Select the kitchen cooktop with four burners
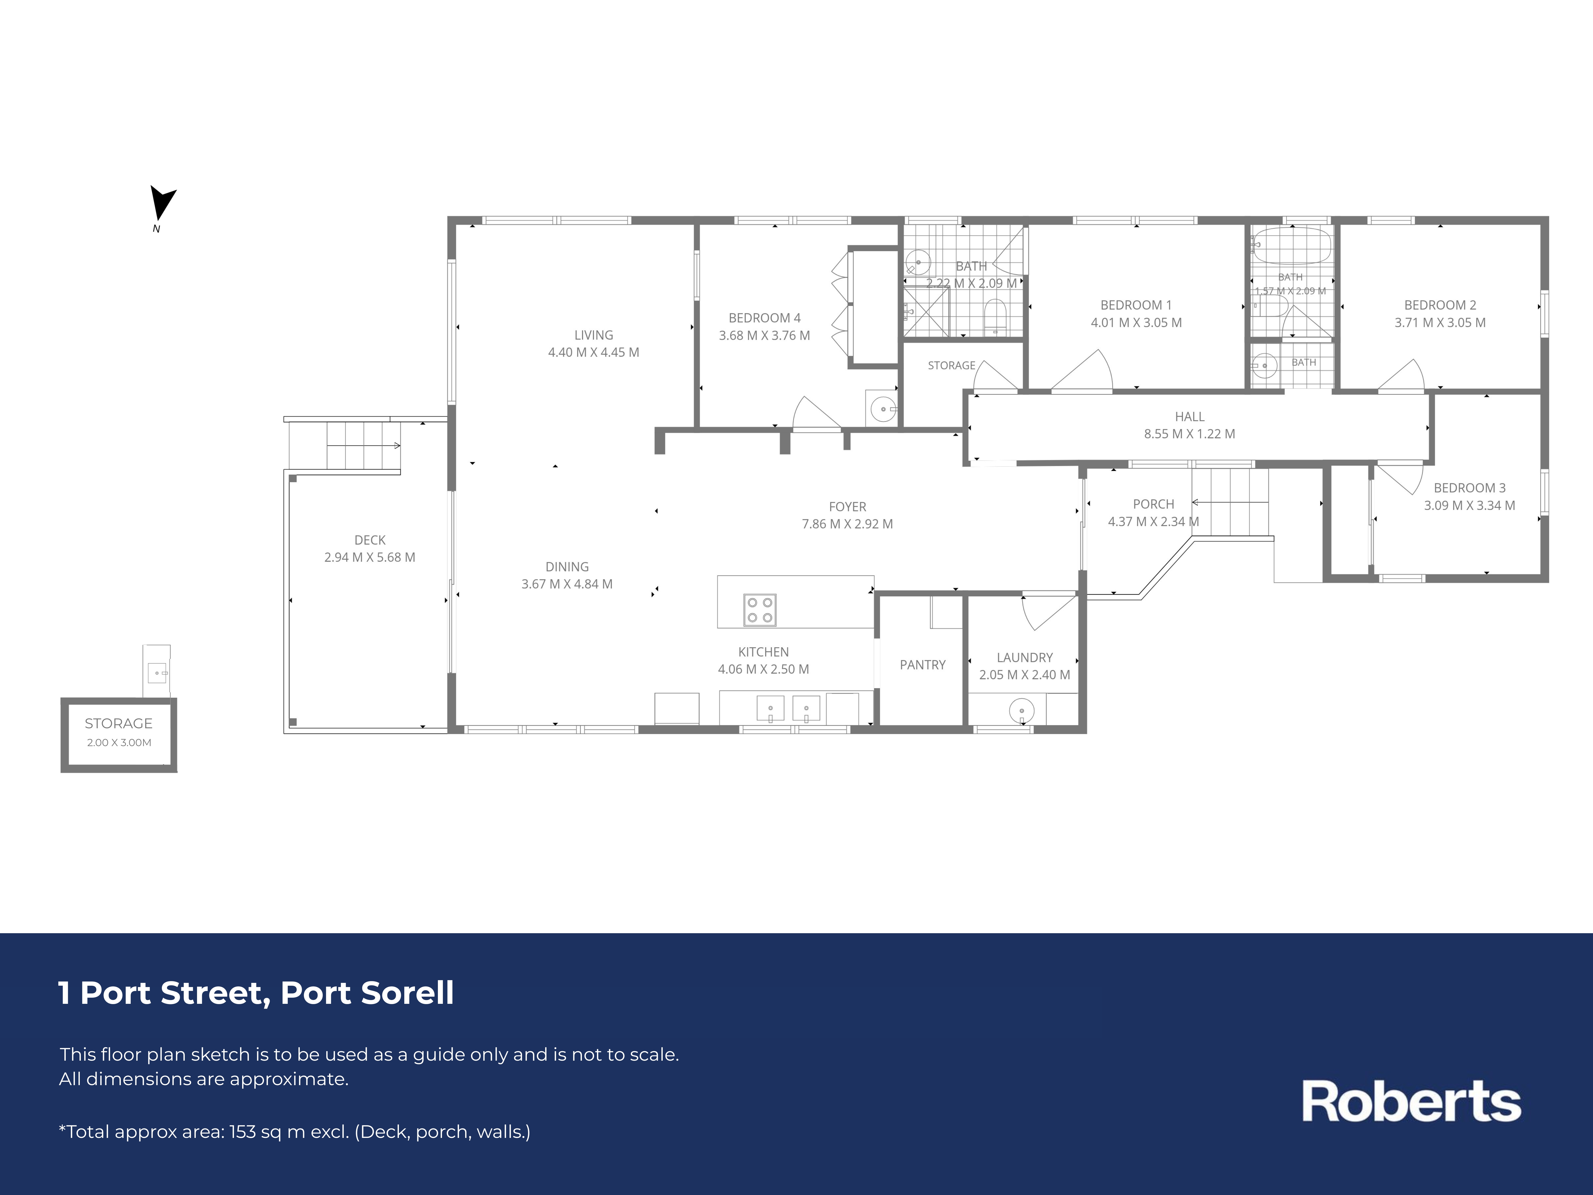point(760,610)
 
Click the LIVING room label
point(593,335)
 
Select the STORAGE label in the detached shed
point(119,723)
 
